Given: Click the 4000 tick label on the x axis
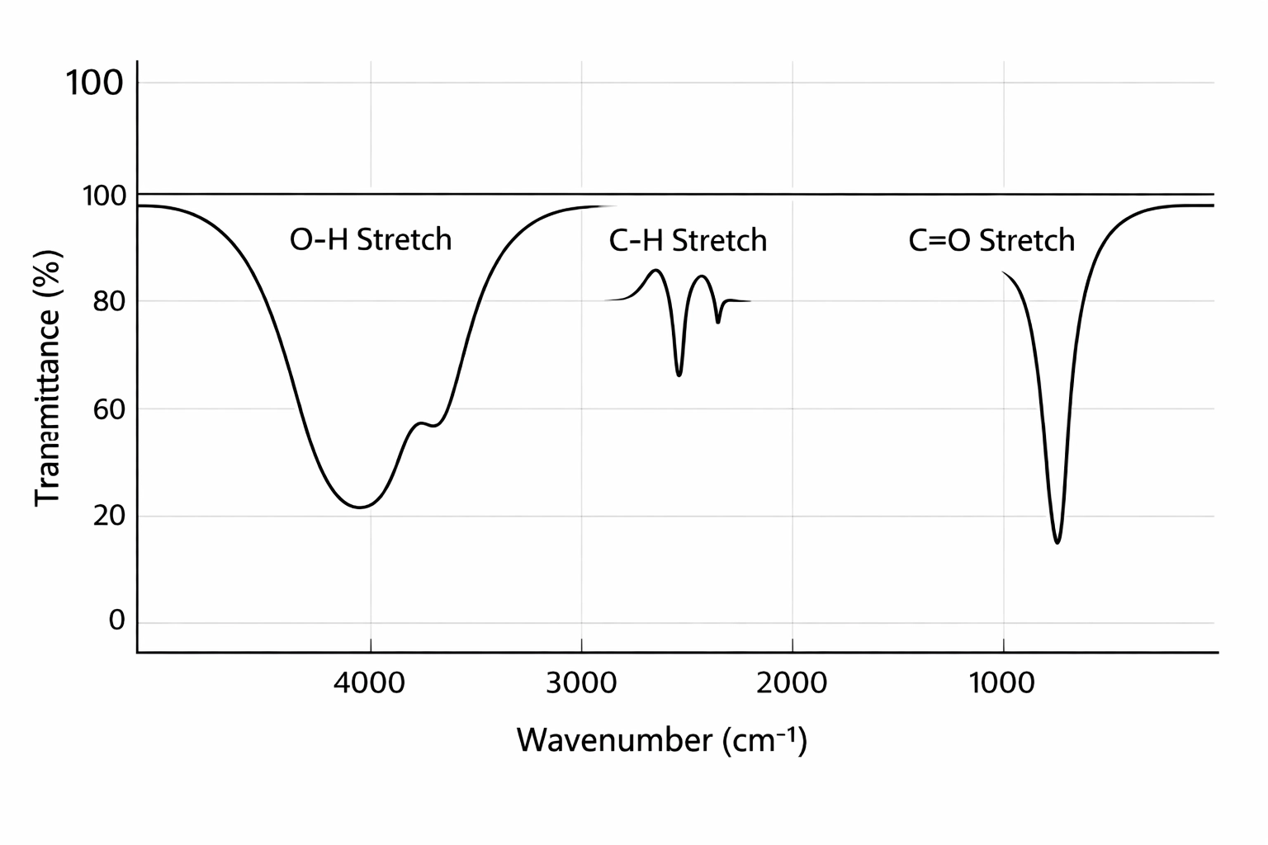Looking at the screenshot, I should point(371,683).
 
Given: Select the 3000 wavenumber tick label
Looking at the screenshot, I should point(581,683).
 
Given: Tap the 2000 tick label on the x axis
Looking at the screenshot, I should point(792,683).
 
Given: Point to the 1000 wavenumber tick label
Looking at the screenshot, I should point(1003,683).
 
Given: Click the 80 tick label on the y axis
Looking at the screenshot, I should point(109,301).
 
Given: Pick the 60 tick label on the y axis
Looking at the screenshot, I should point(109,408).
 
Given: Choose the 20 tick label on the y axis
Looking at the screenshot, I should point(109,516).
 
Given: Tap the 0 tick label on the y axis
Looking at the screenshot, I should point(117,621).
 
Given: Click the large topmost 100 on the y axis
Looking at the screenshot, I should point(95,83).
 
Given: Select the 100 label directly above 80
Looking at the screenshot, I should point(104,196).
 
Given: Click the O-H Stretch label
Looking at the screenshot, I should point(371,240).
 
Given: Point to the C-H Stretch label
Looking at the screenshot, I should point(688,241).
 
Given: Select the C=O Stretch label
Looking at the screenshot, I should point(991,241).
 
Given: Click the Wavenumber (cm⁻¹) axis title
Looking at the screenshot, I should point(662,740).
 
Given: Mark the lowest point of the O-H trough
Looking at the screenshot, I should point(359,507).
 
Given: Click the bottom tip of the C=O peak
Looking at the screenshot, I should point(1057,542).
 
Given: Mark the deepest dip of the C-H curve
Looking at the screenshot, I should point(679,375).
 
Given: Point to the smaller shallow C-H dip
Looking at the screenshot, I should point(718,322).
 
